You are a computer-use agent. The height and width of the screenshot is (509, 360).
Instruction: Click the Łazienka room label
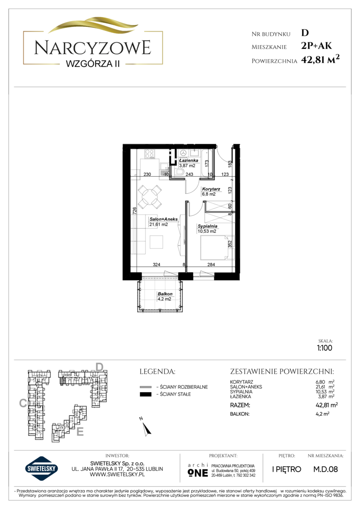(x=188, y=160)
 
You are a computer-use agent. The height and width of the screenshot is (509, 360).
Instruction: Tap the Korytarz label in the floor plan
(x=211, y=189)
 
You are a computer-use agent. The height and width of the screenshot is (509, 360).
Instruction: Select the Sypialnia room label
(x=207, y=226)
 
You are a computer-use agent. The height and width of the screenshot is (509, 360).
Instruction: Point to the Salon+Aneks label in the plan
(x=164, y=219)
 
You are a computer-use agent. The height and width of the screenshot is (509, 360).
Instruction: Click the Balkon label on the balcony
(x=165, y=294)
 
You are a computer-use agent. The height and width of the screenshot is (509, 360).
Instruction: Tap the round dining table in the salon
(x=150, y=197)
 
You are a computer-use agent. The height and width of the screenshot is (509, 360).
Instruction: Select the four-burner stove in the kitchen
(x=150, y=154)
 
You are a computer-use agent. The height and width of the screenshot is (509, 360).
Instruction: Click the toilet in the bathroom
(x=181, y=172)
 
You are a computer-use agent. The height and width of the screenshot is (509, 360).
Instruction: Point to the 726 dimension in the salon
(x=134, y=210)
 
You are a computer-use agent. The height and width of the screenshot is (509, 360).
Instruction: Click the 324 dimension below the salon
(x=156, y=264)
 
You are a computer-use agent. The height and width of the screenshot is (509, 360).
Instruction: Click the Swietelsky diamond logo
(x=41, y=468)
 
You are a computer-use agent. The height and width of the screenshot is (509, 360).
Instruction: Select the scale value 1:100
(x=325, y=348)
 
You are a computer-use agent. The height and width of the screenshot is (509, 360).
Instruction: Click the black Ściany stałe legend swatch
(x=146, y=394)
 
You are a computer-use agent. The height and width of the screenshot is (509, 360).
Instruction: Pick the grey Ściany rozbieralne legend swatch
(x=146, y=387)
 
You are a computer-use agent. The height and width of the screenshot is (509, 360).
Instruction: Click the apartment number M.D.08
(x=325, y=469)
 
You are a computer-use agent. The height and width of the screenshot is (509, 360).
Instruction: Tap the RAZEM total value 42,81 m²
(x=327, y=405)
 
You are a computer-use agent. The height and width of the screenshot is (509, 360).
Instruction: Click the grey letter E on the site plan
(x=80, y=432)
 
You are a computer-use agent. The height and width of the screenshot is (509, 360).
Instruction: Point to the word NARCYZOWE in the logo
(x=92, y=48)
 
